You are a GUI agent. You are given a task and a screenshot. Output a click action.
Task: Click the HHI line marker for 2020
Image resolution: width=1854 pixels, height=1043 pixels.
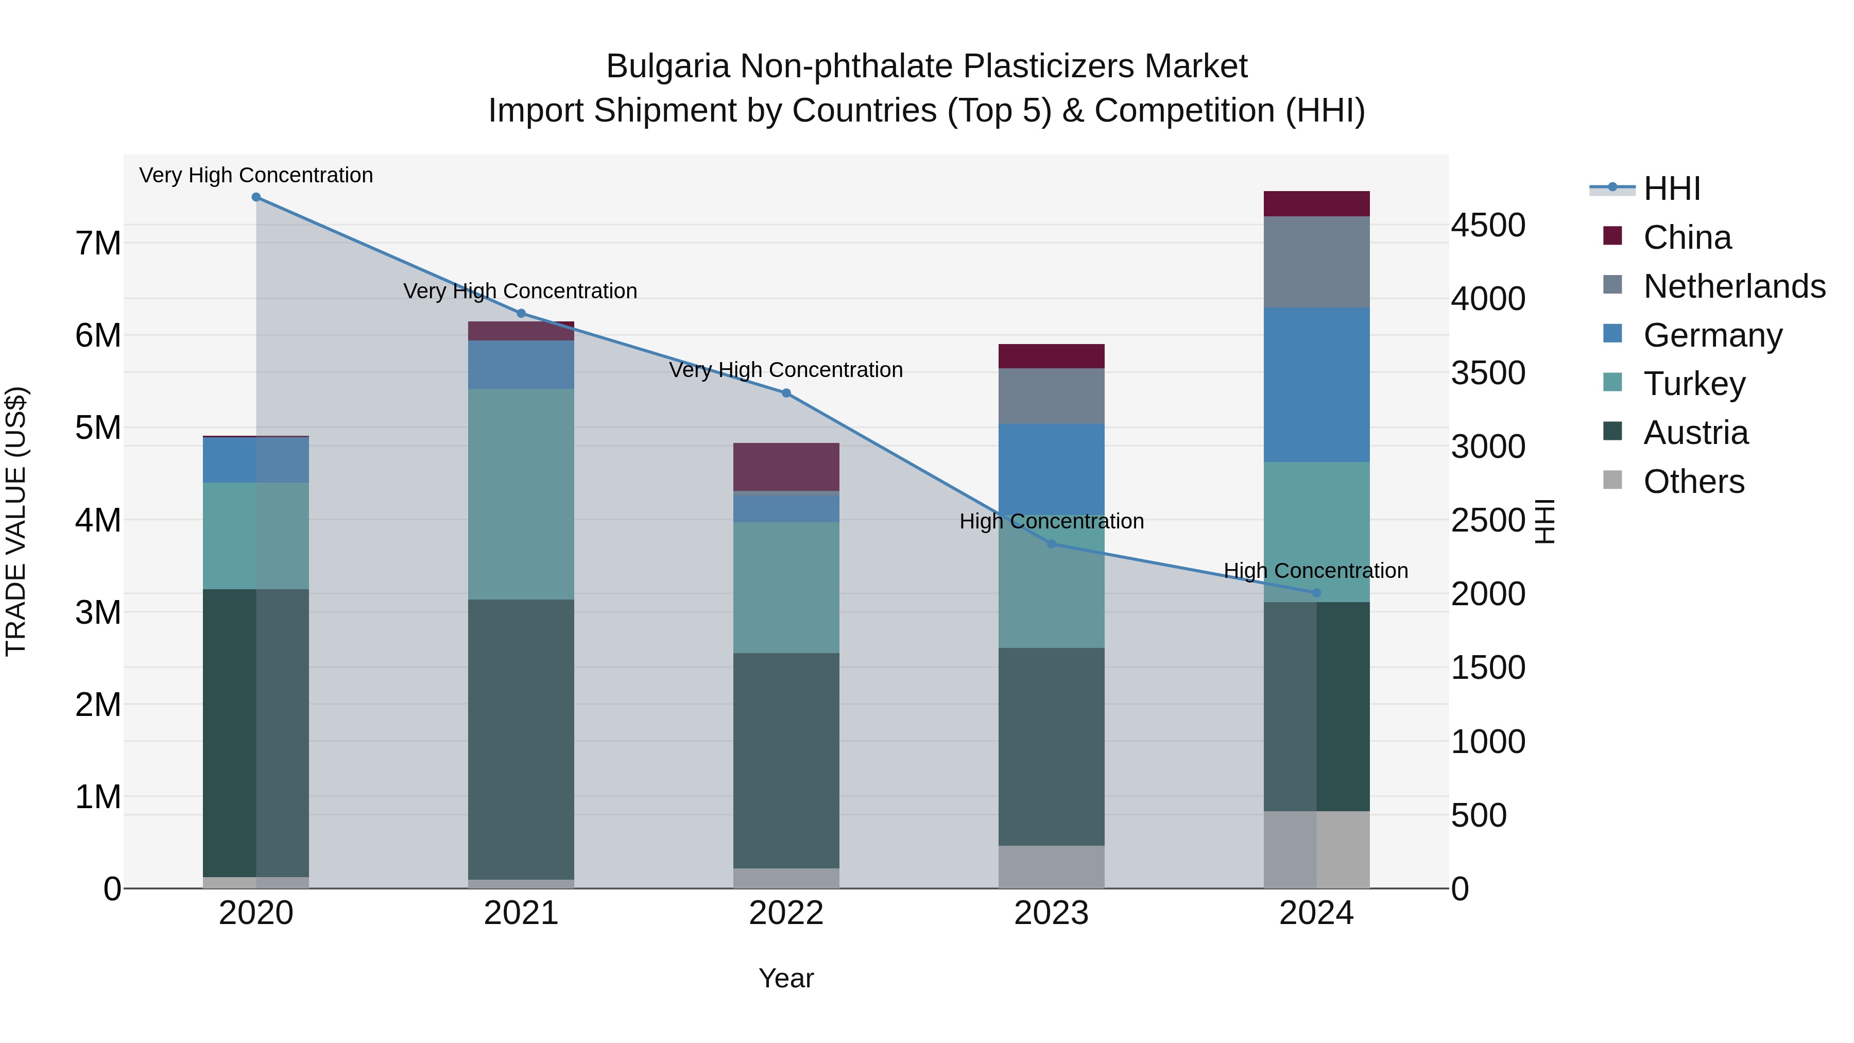pyautogui.click(x=256, y=197)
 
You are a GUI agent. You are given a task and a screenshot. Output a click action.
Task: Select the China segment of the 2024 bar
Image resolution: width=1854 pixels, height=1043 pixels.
pyautogui.click(x=1316, y=203)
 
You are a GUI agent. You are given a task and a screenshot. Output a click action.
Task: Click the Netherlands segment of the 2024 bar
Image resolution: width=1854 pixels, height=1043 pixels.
pyautogui.click(x=1316, y=262)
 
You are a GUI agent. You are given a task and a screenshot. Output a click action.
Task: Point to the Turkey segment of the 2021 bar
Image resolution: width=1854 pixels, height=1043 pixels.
pyautogui.click(x=521, y=494)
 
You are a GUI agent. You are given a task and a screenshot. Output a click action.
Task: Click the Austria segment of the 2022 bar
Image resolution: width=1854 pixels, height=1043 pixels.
pyautogui.click(x=786, y=760)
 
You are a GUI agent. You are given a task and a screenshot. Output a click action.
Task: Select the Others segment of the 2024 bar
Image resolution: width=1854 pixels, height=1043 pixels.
pyautogui.click(x=1316, y=849)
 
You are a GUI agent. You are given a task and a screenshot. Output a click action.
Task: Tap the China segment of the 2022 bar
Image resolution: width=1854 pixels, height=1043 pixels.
pyautogui.click(x=786, y=467)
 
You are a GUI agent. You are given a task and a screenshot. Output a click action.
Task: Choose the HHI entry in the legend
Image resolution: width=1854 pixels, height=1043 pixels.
pyautogui.click(x=1671, y=189)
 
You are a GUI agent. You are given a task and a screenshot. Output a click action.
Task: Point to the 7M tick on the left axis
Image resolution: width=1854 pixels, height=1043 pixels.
pyautogui.click(x=98, y=243)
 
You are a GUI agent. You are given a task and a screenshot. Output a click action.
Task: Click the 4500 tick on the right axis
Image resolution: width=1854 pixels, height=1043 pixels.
pyautogui.click(x=1488, y=225)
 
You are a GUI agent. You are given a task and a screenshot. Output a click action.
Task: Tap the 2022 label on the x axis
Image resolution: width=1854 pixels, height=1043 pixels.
pyautogui.click(x=786, y=913)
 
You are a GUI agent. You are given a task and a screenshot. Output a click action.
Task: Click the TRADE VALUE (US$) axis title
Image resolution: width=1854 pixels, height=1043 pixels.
pyautogui.click(x=16, y=521)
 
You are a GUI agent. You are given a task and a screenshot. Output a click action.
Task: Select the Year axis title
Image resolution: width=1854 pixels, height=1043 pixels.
pyautogui.click(x=786, y=978)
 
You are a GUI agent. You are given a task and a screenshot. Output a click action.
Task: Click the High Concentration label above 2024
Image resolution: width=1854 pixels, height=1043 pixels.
pyautogui.click(x=1316, y=571)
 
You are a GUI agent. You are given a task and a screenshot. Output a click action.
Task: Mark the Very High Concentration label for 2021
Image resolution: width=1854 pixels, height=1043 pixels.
pyautogui.click(x=520, y=292)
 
